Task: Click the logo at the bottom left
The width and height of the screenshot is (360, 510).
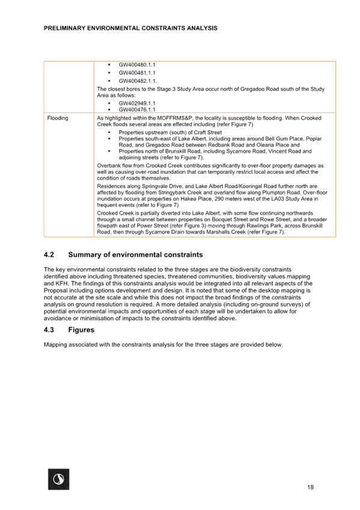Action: [58, 479]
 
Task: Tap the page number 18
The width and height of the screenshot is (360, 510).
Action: [310, 487]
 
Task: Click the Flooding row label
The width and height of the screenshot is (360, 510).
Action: [58, 118]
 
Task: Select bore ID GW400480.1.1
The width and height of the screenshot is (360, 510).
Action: [137, 65]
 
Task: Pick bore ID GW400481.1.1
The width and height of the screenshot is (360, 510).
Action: [137, 73]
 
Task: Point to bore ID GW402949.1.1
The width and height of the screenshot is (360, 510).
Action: [137, 103]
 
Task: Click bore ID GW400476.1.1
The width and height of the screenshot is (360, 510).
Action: [137, 109]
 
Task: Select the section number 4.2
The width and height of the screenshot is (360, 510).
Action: [49, 254]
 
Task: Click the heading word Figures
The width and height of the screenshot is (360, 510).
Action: [81, 330]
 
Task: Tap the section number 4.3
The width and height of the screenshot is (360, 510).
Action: [49, 330]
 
